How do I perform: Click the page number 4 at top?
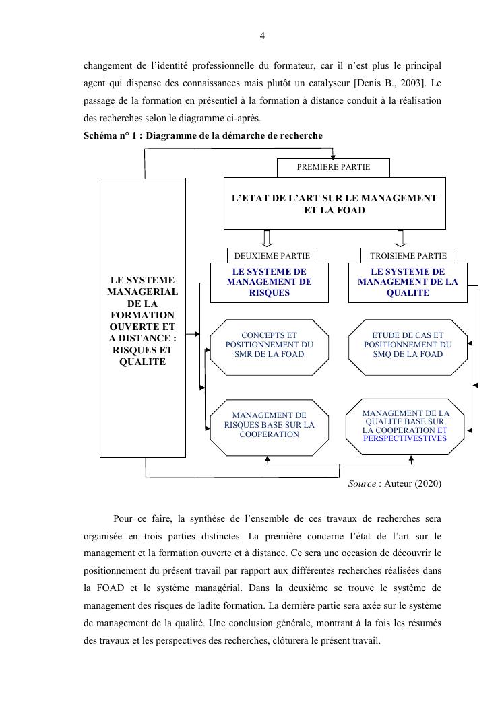point(262,36)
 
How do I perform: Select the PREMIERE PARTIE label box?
point(333,167)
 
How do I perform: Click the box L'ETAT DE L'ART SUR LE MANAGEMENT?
point(334,203)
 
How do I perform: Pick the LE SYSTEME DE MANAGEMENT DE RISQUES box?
point(269,282)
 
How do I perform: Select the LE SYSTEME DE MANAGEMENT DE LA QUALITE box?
point(407,282)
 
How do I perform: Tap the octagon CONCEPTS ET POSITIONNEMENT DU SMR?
point(269,344)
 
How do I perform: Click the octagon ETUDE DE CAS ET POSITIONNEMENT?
point(408,344)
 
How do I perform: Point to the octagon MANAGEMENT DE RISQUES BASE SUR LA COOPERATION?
point(269,426)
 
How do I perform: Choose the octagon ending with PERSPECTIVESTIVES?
point(404,426)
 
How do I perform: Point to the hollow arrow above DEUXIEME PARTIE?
point(267,238)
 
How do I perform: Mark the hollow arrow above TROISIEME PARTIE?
point(400,238)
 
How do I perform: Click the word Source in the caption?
point(362,484)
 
